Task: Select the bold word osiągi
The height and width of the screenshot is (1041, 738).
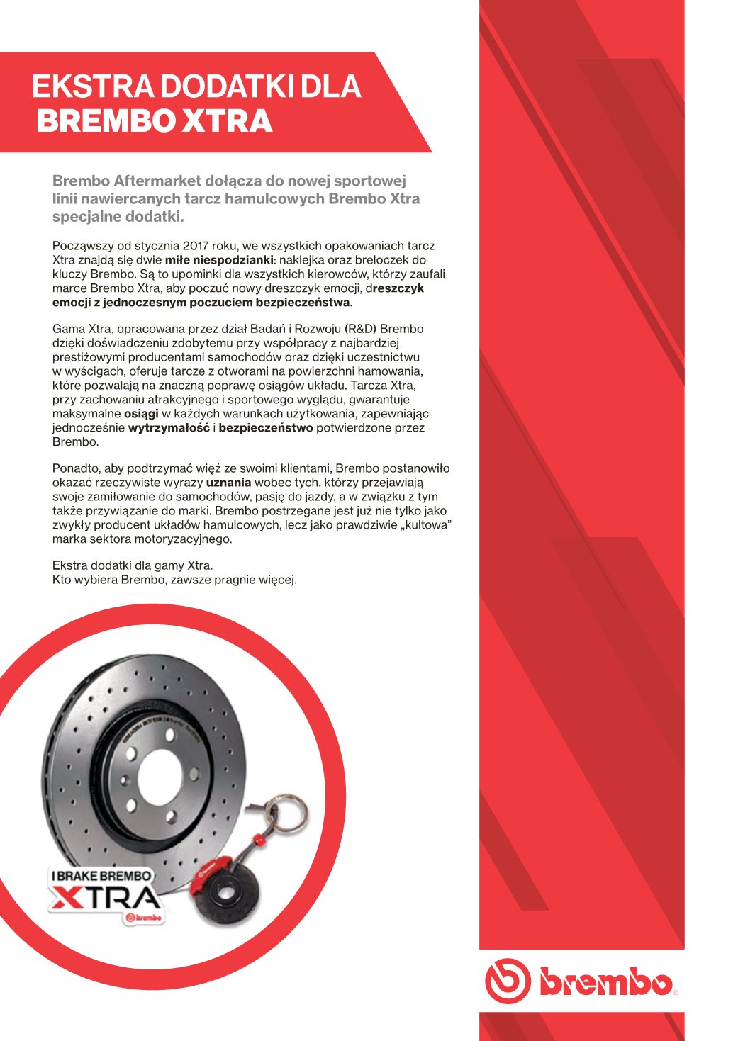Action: coord(141,414)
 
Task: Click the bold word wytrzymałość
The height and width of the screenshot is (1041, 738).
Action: coord(169,428)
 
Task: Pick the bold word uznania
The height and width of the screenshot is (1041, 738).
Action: coord(228,483)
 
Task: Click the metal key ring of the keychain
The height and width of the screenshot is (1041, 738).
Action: coord(287,815)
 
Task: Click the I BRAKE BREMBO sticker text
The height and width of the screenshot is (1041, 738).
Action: coord(101,876)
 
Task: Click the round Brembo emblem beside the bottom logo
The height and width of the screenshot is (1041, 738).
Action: coord(507,981)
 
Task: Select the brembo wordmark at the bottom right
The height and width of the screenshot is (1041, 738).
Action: coord(605,982)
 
